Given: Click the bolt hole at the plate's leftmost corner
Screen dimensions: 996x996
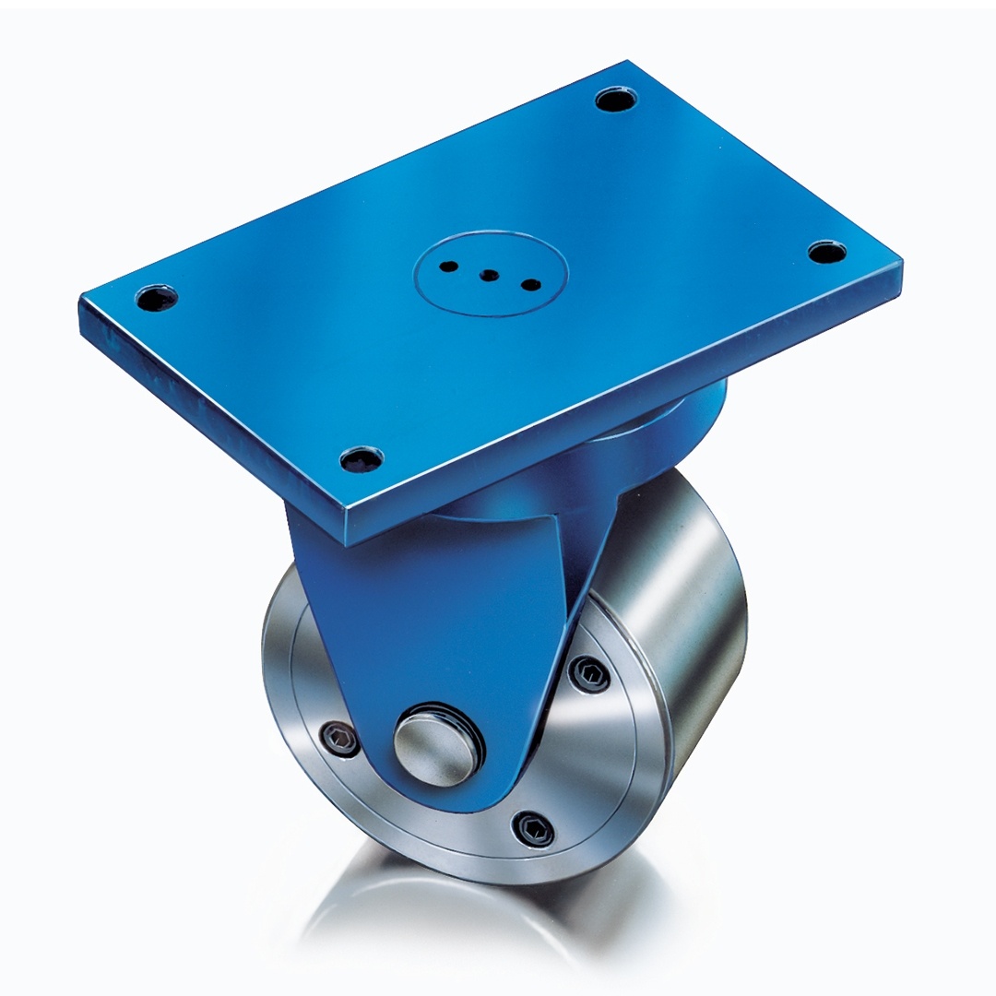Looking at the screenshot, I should [x=156, y=298].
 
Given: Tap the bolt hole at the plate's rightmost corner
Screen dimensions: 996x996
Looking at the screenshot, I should [x=827, y=251].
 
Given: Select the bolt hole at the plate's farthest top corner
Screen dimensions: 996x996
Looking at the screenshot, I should [x=615, y=99].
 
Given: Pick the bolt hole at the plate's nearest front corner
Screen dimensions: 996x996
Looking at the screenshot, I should [x=362, y=458].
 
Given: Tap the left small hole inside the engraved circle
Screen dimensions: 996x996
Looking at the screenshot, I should [x=449, y=267].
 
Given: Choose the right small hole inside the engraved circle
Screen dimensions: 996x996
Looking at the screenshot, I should [x=530, y=284].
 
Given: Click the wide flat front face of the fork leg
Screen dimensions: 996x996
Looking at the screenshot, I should [x=433, y=627].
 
